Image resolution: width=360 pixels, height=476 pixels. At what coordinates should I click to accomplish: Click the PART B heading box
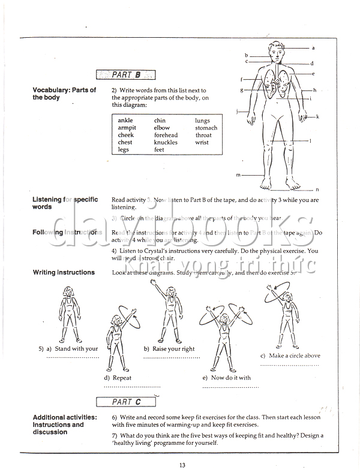point(126,75)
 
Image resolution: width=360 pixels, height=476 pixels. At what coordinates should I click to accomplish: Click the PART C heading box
point(126,402)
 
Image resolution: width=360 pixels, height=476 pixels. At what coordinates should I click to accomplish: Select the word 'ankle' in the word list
point(125,120)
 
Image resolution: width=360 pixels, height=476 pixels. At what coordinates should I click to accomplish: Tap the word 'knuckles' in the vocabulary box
point(166,143)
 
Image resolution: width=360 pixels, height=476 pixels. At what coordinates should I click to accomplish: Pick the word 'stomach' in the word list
point(206,128)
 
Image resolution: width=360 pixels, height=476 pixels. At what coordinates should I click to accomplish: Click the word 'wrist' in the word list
point(202,143)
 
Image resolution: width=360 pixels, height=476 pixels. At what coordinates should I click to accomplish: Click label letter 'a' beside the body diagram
point(313,47)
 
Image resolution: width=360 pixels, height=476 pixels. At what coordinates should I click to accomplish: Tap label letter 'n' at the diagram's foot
point(317,189)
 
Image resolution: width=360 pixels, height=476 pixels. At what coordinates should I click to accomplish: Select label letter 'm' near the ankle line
point(238,175)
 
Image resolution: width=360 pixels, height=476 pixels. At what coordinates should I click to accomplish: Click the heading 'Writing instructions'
point(64,272)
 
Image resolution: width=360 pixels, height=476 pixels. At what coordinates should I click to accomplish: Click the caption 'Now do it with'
point(231,378)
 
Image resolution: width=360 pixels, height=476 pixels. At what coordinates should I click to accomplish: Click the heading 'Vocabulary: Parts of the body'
point(64,94)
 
